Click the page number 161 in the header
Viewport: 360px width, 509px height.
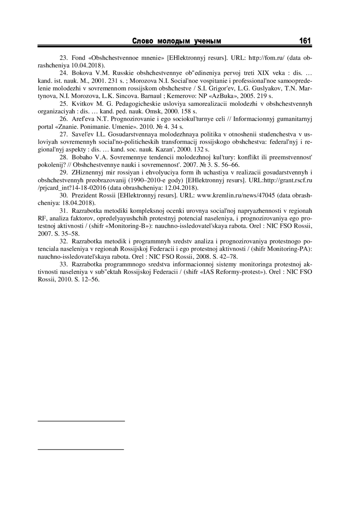[x=305, y=41]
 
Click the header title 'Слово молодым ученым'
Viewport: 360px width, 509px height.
[x=177, y=41]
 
